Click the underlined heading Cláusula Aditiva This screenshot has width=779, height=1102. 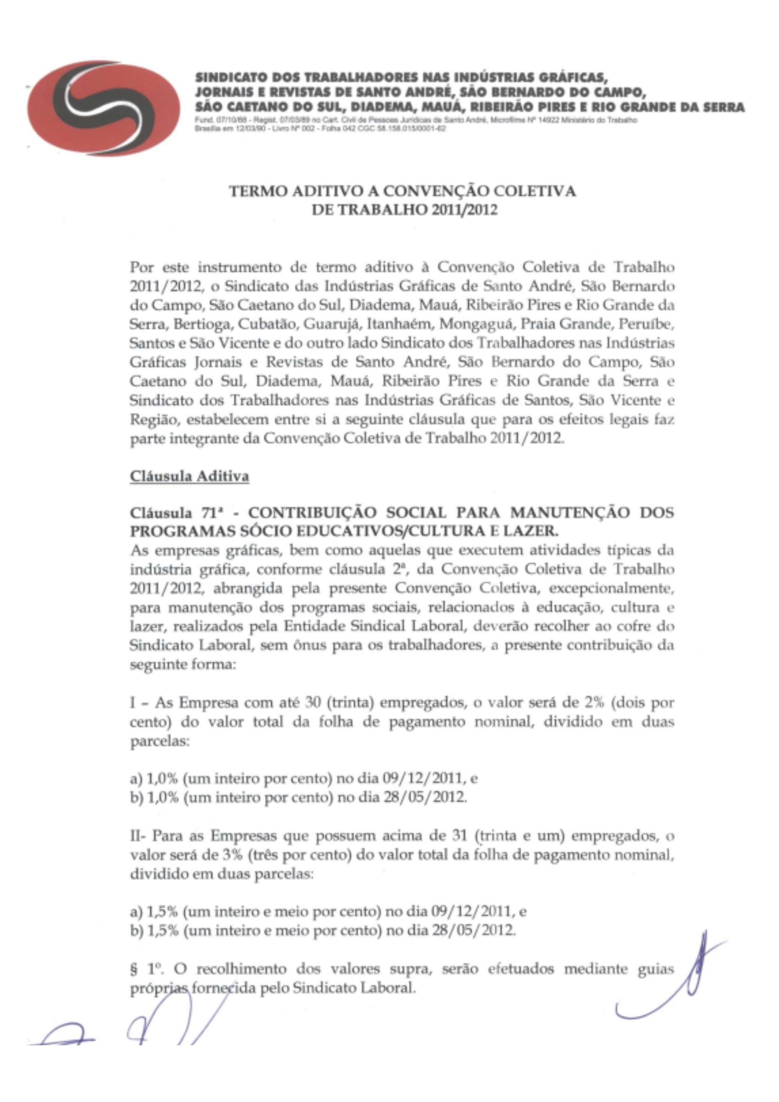click(189, 477)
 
